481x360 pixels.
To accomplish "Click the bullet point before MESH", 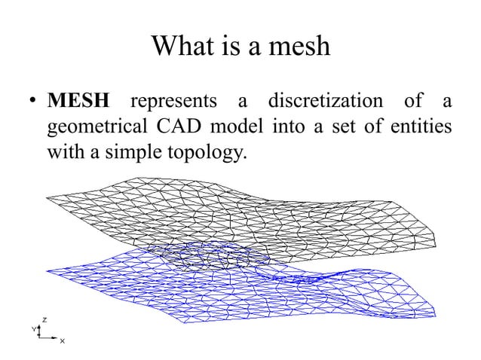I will (34, 102).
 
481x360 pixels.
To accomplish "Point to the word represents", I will (173, 101).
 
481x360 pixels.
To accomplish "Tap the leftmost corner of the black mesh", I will (46, 198).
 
